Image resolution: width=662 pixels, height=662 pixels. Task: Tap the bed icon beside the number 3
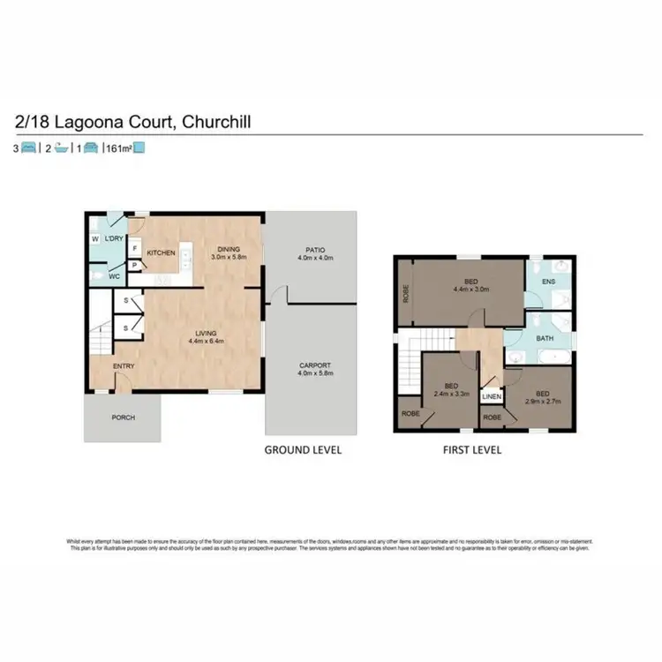pos(29,148)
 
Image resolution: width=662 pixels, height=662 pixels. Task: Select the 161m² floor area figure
pos(119,148)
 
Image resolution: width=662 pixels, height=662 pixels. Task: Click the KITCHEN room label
pos(162,253)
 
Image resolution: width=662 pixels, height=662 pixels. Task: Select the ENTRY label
pos(123,366)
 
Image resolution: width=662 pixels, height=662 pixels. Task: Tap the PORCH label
pos(123,418)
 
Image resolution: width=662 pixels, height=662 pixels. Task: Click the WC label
pos(114,276)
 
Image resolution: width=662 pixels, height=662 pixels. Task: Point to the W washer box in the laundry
pos(94,239)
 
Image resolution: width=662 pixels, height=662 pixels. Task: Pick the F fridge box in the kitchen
pos(135,249)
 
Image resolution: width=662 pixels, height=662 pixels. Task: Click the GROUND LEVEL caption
pos(304,449)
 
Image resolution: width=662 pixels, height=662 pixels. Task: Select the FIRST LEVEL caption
pos(471,449)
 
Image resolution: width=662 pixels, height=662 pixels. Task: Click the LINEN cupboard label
pos(492,397)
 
